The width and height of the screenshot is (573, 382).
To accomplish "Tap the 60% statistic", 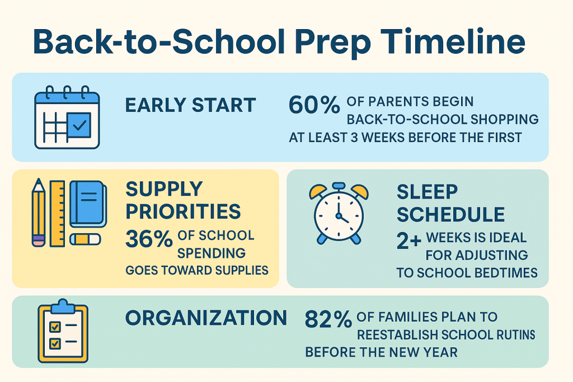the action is click(314, 105).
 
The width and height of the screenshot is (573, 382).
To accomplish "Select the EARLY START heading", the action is click(190, 105).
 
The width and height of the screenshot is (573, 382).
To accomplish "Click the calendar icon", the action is click(67, 117).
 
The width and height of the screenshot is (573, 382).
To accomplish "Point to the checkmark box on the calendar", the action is click(79, 125).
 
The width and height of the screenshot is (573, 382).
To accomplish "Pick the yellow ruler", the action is click(58, 213).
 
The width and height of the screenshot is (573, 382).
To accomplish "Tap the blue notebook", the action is click(88, 204).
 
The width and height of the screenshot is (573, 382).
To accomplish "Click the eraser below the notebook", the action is click(85, 239).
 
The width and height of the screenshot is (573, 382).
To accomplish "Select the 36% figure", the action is click(149, 239).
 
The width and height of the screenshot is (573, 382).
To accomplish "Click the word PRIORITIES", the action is click(183, 211).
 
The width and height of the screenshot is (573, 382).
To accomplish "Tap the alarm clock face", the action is click(339, 214).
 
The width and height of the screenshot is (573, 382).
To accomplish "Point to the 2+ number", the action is click(409, 241).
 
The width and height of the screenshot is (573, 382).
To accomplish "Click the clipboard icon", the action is click(63, 331).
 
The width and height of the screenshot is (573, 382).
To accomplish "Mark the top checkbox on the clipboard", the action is click(55, 326).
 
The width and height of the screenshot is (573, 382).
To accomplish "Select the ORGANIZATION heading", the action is click(206, 318).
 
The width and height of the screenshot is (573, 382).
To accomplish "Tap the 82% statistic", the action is click(328, 319).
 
